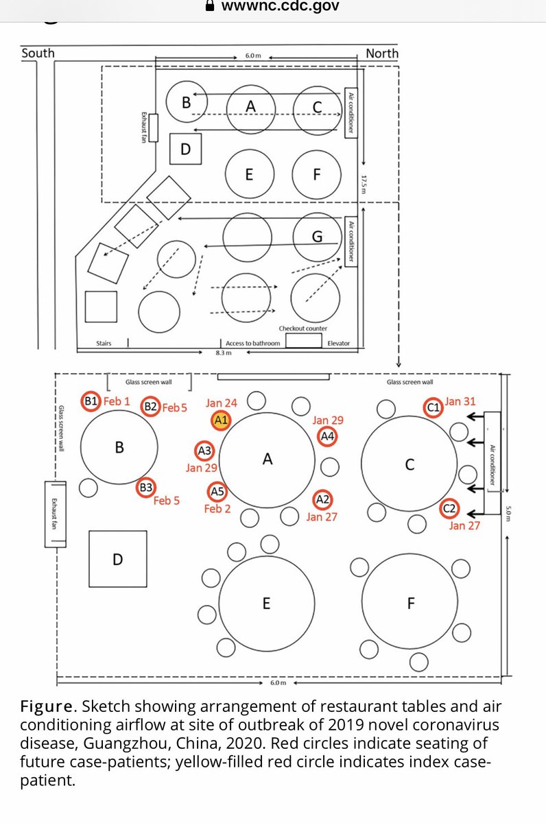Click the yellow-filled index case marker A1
pyautogui.click(x=222, y=420)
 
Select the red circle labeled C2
pyautogui.click(x=450, y=510)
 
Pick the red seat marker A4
pyautogui.click(x=327, y=436)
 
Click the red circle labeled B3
pyautogui.click(x=145, y=487)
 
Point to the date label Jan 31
pyautogui.click(x=460, y=401)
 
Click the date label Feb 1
pyautogui.click(x=117, y=401)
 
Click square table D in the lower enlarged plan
pyautogui.click(x=117, y=559)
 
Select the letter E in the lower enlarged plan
pyautogui.click(x=266, y=604)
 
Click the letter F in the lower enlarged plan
pyautogui.click(x=411, y=604)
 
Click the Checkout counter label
pyautogui.click(x=302, y=329)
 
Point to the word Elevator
pyautogui.click(x=339, y=343)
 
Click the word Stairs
pyautogui.click(x=104, y=343)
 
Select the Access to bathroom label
pyautogui.click(x=252, y=343)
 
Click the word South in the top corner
pyautogui.click(x=38, y=53)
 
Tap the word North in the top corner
pyautogui.click(x=382, y=53)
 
